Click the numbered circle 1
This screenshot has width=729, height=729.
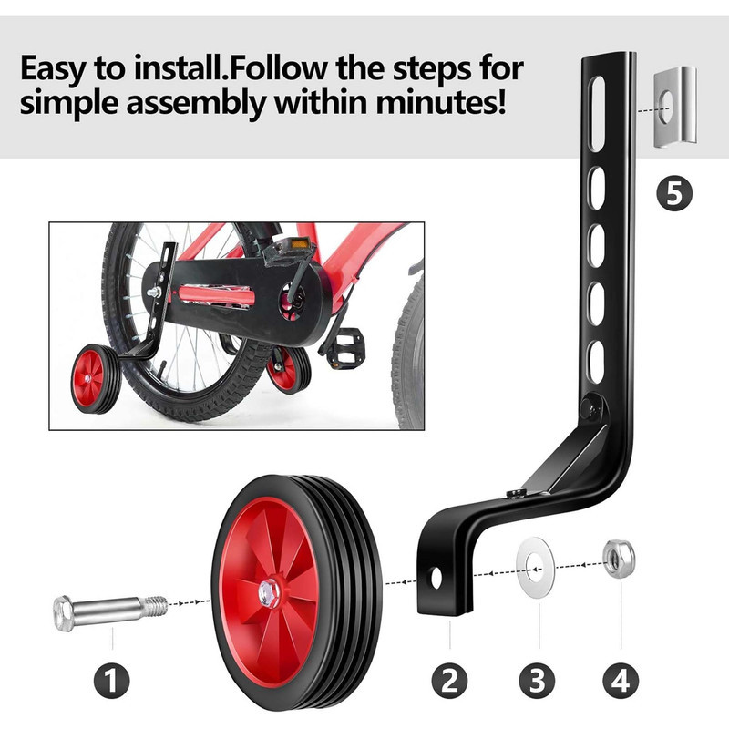[x=111, y=680]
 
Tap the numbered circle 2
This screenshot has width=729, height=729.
[x=449, y=680]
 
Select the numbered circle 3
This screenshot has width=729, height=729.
[x=537, y=680]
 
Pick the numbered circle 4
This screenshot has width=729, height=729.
[x=621, y=680]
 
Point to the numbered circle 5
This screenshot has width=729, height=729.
[x=674, y=193]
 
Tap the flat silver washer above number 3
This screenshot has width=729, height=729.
[x=536, y=567]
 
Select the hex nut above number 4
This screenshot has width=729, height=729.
[x=619, y=559]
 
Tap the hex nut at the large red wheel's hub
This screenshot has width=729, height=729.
[x=269, y=593]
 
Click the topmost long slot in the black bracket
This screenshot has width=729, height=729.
[x=597, y=113]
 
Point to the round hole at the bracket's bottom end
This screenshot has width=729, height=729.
[x=436, y=578]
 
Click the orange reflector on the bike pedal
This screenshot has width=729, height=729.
[x=300, y=242]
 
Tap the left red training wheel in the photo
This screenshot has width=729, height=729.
[x=96, y=378]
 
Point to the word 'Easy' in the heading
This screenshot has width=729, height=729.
[x=53, y=70]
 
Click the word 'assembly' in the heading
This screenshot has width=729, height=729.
[x=196, y=104]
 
